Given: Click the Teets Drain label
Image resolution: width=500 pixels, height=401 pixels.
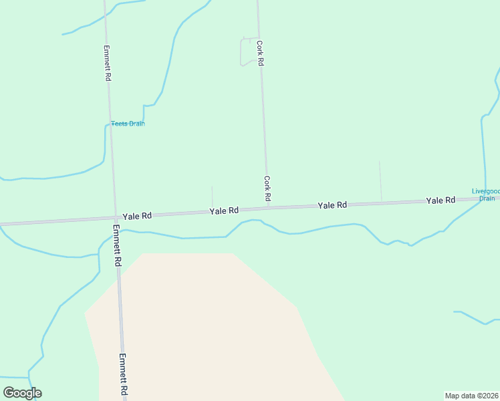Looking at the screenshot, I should pos(128,124).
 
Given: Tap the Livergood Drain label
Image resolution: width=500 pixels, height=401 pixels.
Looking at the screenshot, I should pos(485,194).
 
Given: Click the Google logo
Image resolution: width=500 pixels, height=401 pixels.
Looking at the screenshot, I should pos(22,393).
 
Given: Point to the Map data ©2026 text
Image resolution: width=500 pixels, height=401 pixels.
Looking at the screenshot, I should pos(472,396).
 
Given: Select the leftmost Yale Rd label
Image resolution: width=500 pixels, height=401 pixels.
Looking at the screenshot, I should pos(137,216).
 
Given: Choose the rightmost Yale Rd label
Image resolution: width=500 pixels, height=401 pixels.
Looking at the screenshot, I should pos(441,200).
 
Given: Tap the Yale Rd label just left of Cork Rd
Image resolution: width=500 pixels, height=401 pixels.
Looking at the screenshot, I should pos(224,211).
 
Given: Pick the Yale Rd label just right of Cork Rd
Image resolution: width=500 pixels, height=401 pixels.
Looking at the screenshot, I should pos(332,205).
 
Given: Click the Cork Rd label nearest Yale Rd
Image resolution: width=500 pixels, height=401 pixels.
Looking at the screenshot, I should pos(267,188).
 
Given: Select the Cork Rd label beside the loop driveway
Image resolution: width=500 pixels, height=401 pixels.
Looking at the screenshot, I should pos(260,51).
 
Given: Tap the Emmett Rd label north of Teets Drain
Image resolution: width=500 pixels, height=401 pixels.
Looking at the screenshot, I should pos(107,63).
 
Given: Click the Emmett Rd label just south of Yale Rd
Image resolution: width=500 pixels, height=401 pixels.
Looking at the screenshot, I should pos(116,245).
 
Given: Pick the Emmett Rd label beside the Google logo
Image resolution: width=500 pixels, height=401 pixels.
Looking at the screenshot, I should pos(124,374).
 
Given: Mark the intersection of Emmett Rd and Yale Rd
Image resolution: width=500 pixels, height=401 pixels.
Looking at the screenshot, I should pos(114,218).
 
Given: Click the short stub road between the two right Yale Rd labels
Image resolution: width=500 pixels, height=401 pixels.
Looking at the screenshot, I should pos(380,180).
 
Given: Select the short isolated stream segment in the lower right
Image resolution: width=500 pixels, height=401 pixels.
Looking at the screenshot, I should pos(475,318).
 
